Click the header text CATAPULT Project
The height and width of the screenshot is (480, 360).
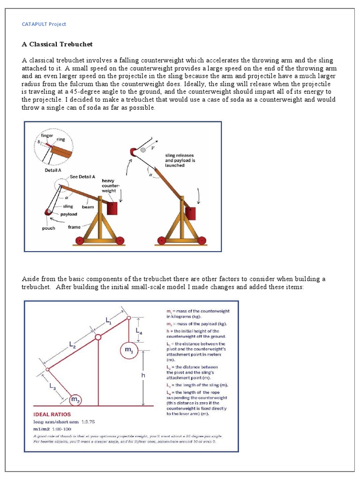tap(44, 24)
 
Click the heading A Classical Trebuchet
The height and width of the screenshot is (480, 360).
tap(57, 44)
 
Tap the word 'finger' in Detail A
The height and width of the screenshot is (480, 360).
tap(47, 135)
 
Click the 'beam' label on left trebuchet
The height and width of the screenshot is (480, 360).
tap(88, 207)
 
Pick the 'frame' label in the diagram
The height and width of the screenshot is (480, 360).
tap(74, 227)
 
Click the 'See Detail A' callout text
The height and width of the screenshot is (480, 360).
tap(82, 177)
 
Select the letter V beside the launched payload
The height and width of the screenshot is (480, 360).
tap(152, 148)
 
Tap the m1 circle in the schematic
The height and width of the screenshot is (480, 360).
tap(129, 350)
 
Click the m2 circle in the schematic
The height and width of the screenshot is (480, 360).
tap(75, 399)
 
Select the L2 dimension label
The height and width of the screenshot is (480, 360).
tap(73, 345)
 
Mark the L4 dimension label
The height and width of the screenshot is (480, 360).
tap(140, 330)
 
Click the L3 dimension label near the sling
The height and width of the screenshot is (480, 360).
tap(52, 387)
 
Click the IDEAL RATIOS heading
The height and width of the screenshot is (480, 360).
tap(52, 415)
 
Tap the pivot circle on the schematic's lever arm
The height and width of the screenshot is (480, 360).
tap(98, 337)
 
